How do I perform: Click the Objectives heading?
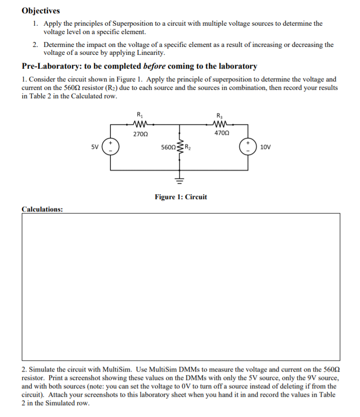[x=41, y=10]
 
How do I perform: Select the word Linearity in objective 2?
[x=149, y=52]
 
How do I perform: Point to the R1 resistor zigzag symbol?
[x=138, y=124]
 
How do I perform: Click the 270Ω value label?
[x=138, y=133]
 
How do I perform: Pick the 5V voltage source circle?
[x=110, y=147]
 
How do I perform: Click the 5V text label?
[x=94, y=147]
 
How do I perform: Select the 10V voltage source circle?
[x=247, y=147]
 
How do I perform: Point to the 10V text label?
[x=265, y=147]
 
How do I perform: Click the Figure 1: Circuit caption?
[x=180, y=197]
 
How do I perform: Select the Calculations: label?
[x=43, y=209]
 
